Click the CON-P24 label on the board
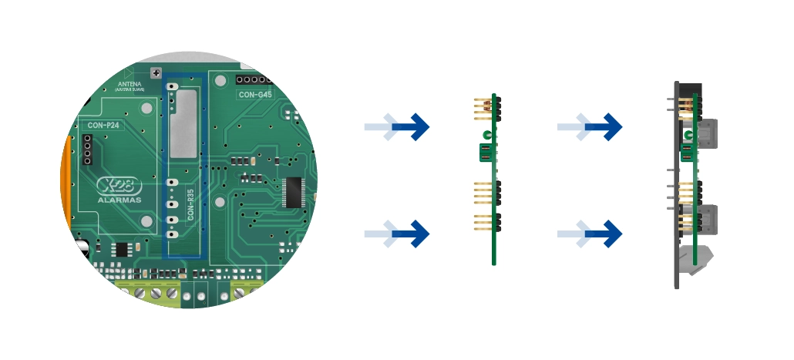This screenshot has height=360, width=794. pos(103,124)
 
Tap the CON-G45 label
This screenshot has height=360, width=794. pos(255,95)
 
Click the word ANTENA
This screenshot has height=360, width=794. pos(130,84)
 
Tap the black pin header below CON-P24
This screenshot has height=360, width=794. pos(87,149)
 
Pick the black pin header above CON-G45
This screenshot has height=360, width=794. pos(254,79)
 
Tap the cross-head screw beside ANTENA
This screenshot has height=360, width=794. pos(155,73)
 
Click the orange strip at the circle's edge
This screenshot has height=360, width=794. pos(66,185)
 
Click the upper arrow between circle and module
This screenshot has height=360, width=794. pos(397,126)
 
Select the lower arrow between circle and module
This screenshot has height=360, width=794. pos(397,233)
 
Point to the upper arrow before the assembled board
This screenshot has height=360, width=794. pos(590,126)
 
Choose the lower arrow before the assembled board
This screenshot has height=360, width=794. pos(590,233)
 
